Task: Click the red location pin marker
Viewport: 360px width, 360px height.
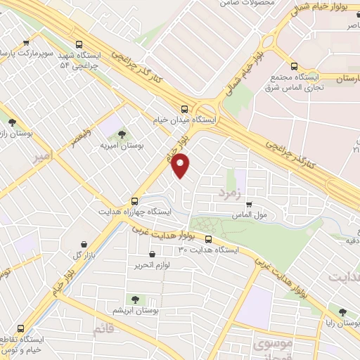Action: point(181,165)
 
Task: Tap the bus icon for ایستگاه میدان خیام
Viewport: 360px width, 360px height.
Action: point(184,109)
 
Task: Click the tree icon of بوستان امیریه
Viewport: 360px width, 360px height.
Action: point(122,133)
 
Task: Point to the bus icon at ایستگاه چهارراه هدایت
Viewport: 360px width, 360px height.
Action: point(135,200)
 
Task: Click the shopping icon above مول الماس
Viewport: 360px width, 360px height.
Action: point(248,205)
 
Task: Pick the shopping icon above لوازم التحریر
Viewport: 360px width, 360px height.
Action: point(152,255)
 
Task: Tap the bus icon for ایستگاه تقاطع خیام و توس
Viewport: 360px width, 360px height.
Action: point(20,329)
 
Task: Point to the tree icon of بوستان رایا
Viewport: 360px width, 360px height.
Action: point(342,312)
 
